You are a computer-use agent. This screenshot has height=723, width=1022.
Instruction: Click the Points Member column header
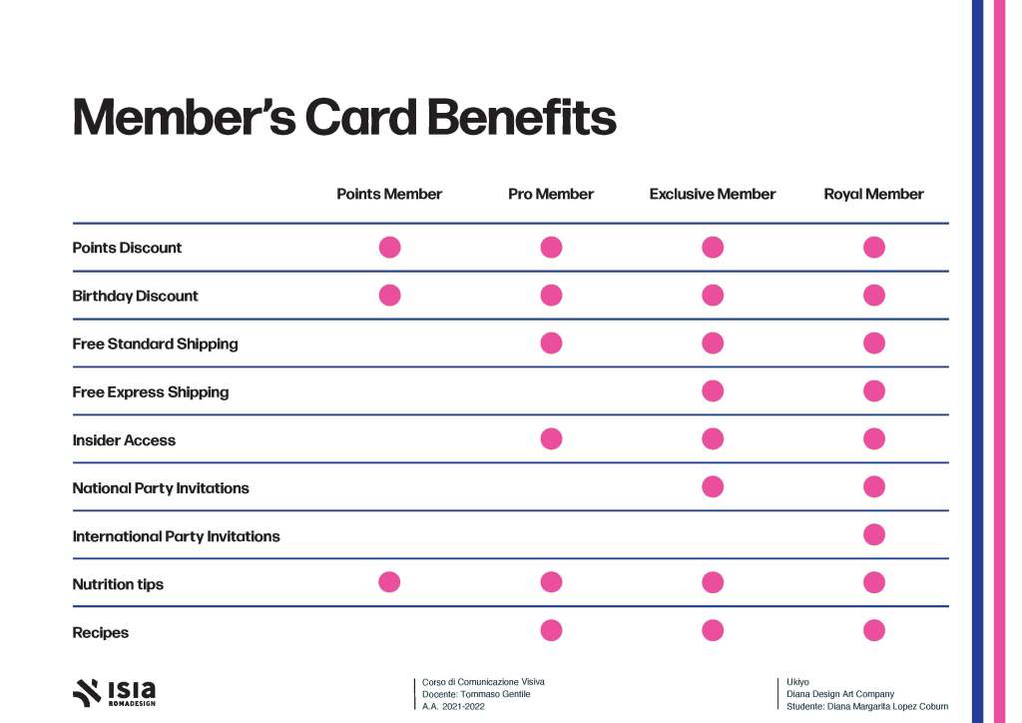389,194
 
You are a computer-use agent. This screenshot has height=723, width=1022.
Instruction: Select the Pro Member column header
551,194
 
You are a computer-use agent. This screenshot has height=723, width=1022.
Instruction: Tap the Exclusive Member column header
713,194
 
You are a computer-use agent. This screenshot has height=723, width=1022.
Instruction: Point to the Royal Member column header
873,194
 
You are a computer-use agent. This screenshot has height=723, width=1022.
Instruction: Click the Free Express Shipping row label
151,392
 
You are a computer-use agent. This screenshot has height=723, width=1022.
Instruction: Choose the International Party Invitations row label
176,536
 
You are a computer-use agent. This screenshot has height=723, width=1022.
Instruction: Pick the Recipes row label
101,632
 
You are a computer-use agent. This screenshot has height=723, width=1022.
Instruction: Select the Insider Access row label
124,440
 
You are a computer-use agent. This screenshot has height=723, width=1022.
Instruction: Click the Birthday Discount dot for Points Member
389,295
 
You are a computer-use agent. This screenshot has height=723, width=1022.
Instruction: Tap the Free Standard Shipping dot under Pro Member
551,343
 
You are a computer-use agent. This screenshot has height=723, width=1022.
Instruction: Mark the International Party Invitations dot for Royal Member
874,534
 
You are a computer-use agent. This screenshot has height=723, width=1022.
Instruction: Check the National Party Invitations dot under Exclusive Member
713,486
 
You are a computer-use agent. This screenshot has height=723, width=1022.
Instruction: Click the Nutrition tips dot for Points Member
389,582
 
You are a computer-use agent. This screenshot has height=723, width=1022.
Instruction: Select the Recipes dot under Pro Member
551,630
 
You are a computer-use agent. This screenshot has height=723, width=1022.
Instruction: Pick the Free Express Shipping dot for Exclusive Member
713,390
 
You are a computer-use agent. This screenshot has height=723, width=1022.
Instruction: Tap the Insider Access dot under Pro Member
551,438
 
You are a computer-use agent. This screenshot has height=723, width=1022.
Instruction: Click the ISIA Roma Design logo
115,692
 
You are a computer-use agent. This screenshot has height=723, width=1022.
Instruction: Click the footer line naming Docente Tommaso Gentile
476,694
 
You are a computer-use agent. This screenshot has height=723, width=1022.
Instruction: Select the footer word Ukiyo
797,682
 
